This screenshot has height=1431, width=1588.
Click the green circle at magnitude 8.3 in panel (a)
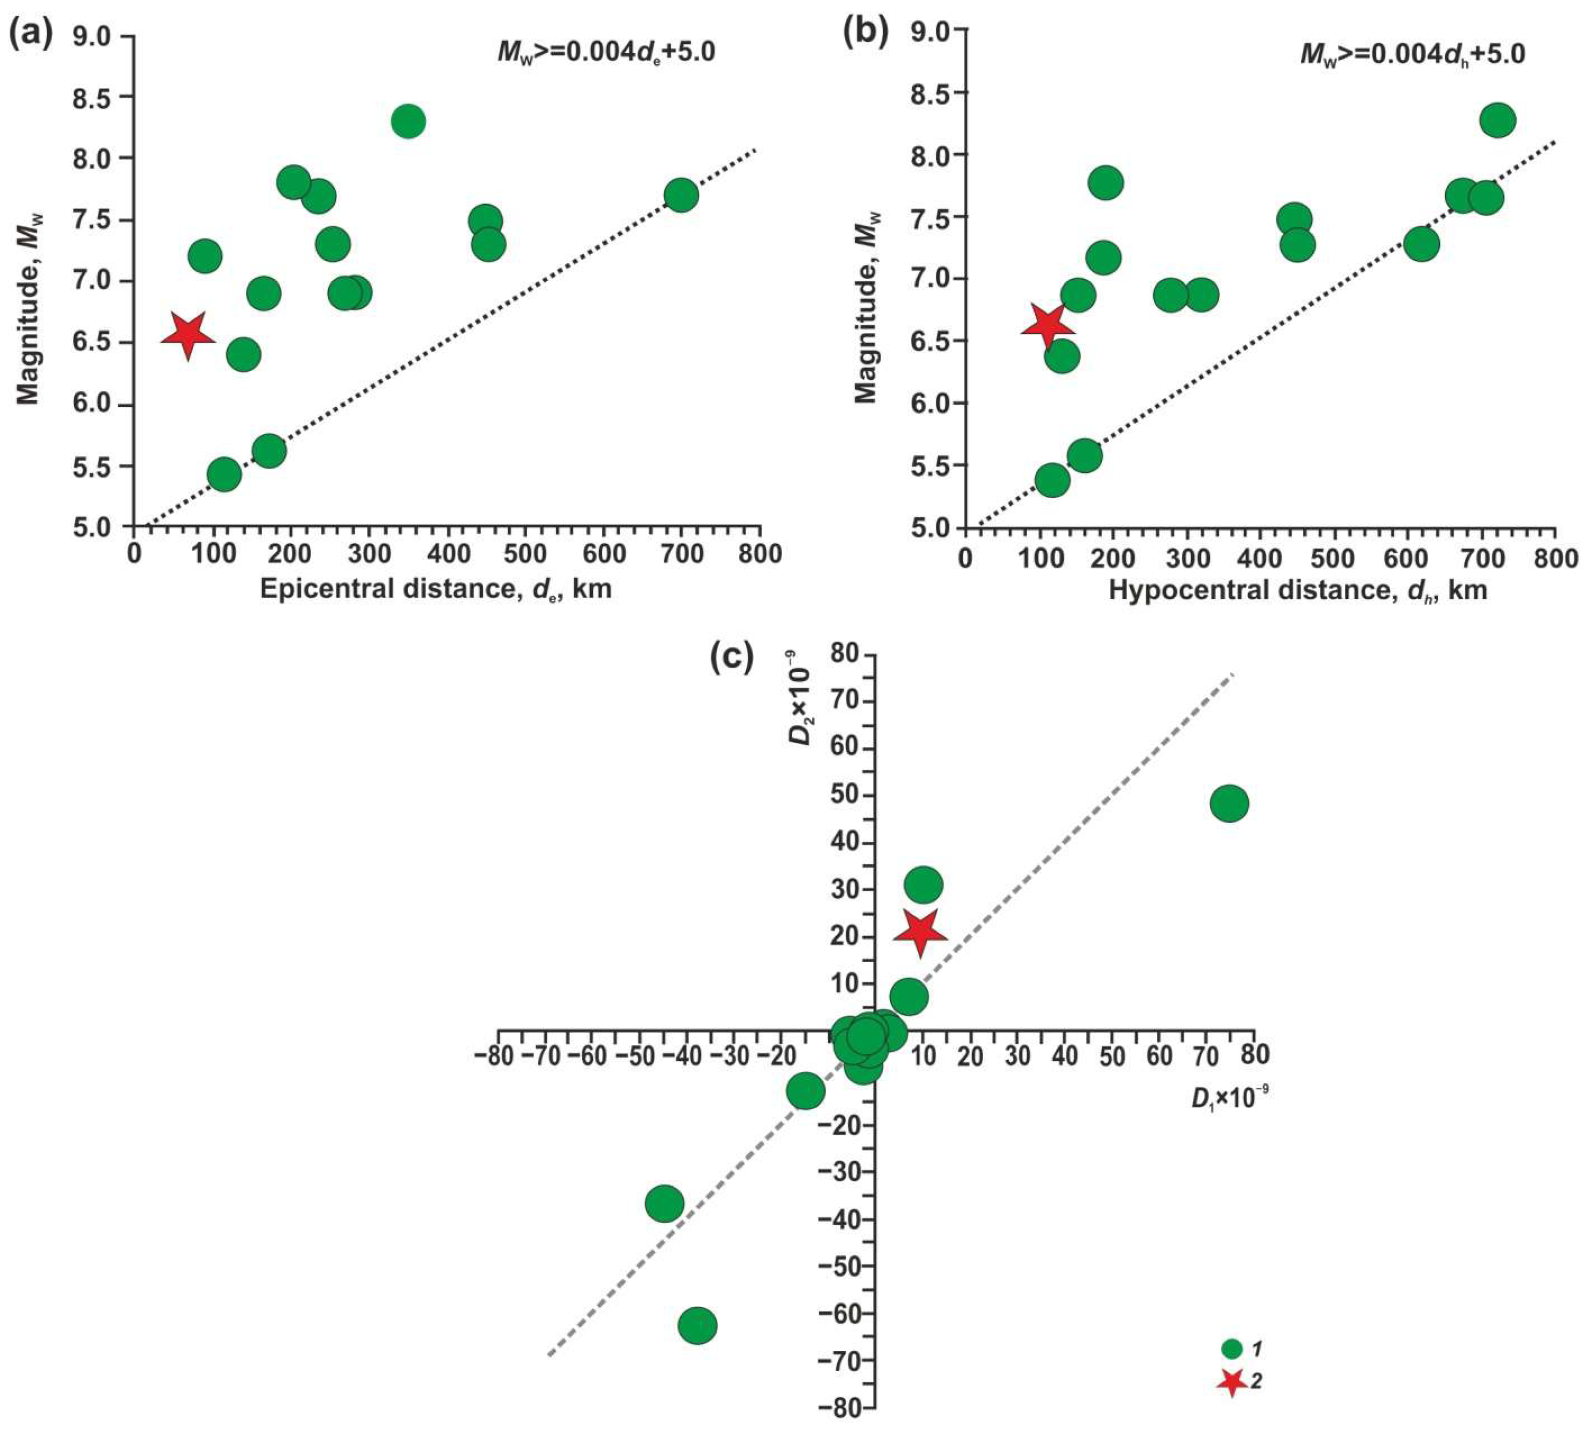(408, 121)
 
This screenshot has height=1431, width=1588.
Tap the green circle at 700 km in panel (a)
(681, 194)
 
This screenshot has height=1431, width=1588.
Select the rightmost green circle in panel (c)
(1230, 803)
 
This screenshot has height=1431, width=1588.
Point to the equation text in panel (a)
(606, 53)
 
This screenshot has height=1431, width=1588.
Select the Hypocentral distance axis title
(1297, 590)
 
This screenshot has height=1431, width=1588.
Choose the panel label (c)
(732, 657)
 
